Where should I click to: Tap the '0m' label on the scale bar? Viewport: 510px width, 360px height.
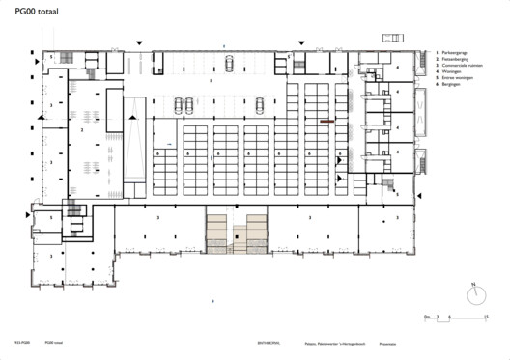point(426,316)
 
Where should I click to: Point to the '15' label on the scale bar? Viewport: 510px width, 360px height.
point(485,316)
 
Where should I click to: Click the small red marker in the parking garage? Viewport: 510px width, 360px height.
point(327,121)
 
